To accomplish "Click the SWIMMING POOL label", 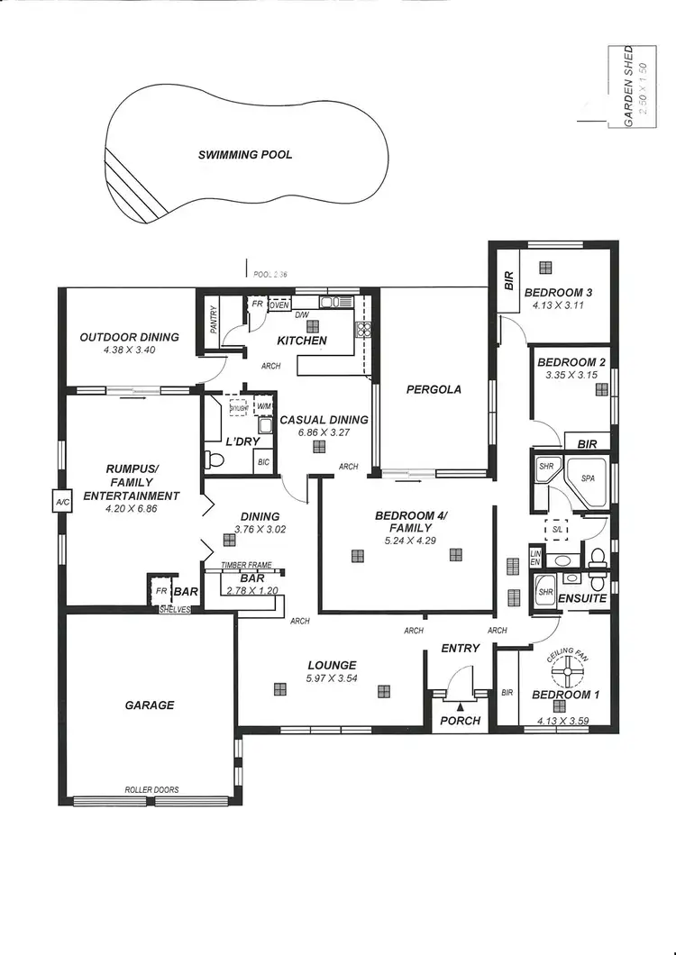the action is click(245, 155).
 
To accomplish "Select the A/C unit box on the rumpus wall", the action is click(62, 502).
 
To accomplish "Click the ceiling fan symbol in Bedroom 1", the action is click(568, 669).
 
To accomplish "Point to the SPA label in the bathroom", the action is click(589, 478).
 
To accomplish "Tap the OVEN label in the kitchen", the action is click(279, 305).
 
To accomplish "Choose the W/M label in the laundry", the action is click(264, 406).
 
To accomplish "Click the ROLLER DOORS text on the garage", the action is click(151, 790).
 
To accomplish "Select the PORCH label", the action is click(460, 720).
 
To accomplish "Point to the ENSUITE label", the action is click(582, 598).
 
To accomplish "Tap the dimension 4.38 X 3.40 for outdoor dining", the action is click(130, 350).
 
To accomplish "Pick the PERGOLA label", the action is click(434, 389).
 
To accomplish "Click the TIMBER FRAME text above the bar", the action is click(246, 565).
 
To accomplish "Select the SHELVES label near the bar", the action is click(174, 610).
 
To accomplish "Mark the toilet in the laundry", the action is click(215, 459).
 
